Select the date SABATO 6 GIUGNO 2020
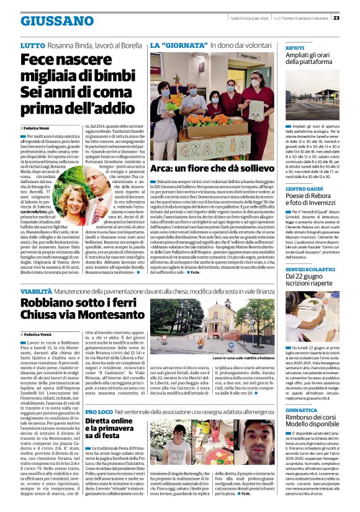[247, 18]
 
